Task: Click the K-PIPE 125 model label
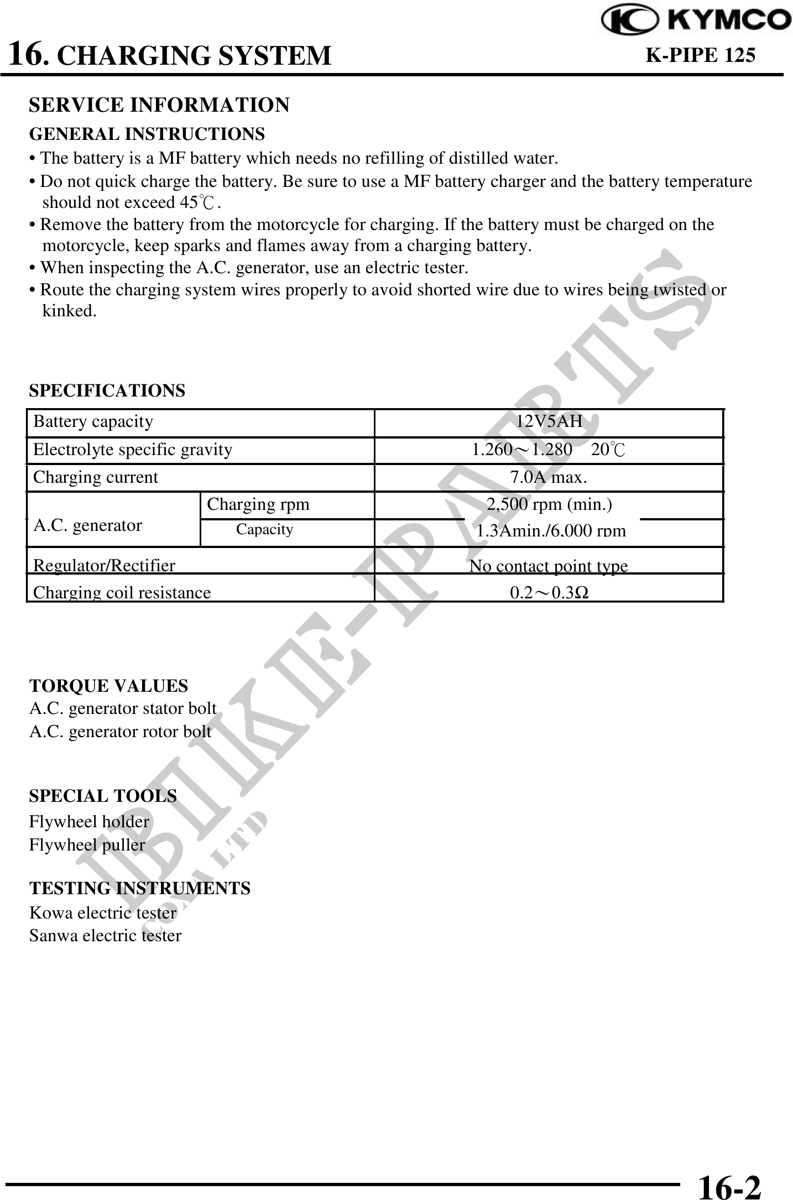tap(700, 55)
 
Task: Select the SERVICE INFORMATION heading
tap(159, 105)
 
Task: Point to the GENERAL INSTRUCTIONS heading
tap(147, 134)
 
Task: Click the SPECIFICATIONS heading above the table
tap(107, 391)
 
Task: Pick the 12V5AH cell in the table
tap(549, 422)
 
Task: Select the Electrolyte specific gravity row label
tap(133, 450)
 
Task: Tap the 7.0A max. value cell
tap(549, 477)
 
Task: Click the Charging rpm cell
tap(258, 504)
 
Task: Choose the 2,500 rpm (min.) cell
tap(549, 504)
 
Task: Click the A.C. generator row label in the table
tap(88, 525)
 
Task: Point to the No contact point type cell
tap(549, 566)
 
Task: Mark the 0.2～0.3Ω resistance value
tap(549, 593)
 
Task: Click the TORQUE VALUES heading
tap(108, 686)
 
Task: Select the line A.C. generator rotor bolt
tap(120, 732)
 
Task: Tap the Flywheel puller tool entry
tap(87, 845)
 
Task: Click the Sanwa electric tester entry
tap(105, 936)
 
